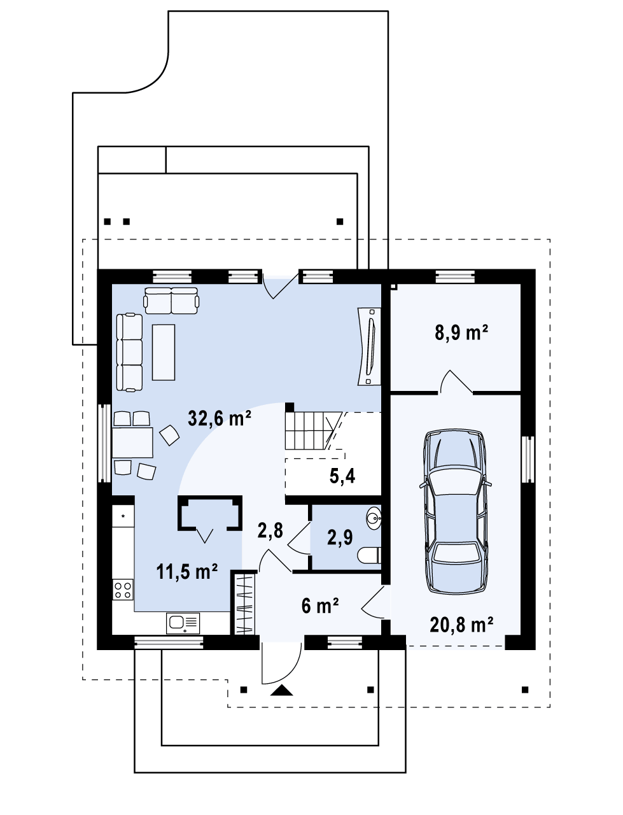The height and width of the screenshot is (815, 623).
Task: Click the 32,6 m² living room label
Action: (220, 418)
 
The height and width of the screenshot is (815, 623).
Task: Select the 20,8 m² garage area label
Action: (461, 625)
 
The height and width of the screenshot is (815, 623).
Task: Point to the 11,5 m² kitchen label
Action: (186, 571)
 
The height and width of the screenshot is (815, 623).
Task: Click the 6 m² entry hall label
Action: (320, 606)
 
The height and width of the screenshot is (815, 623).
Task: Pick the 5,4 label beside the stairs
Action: (342, 476)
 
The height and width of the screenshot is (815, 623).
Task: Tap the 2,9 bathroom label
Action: (340, 537)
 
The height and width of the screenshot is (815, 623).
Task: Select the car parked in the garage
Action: (456, 512)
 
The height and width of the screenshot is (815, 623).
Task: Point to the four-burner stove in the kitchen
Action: (123, 590)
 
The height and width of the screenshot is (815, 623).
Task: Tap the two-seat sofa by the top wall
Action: (171, 301)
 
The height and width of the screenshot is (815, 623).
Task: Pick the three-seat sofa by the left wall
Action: (129, 352)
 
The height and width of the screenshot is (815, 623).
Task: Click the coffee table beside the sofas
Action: (164, 352)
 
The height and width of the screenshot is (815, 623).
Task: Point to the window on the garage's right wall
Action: (528, 459)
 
